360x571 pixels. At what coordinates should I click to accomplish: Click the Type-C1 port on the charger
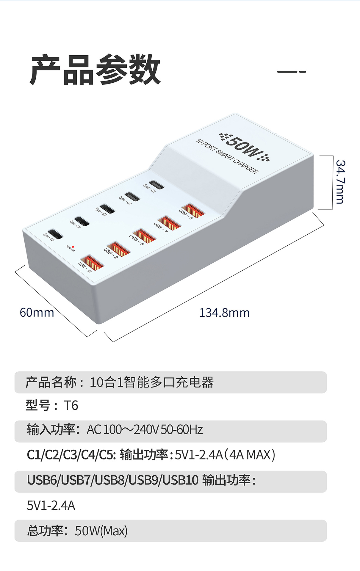(x=156, y=185)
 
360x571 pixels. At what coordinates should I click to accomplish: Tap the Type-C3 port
(x=107, y=209)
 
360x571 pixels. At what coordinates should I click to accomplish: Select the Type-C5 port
(x=55, y=234)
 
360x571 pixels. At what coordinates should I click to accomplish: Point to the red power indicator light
(x=73, y=247)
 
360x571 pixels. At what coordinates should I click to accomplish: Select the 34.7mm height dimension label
(x=340, y=182)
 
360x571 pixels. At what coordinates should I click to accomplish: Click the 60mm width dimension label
(x=37, y=313)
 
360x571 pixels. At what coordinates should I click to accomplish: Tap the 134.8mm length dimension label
(x=224, y=313)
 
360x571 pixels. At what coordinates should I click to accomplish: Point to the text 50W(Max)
(x=101, y=531)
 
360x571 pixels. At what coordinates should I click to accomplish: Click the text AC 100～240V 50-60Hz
(x=145, y=430)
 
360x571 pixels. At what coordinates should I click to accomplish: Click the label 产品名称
(x=51, y=382)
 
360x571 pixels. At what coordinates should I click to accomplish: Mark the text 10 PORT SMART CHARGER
(x=227, y=156)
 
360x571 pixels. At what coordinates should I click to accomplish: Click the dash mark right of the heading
(x=291, y=72)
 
